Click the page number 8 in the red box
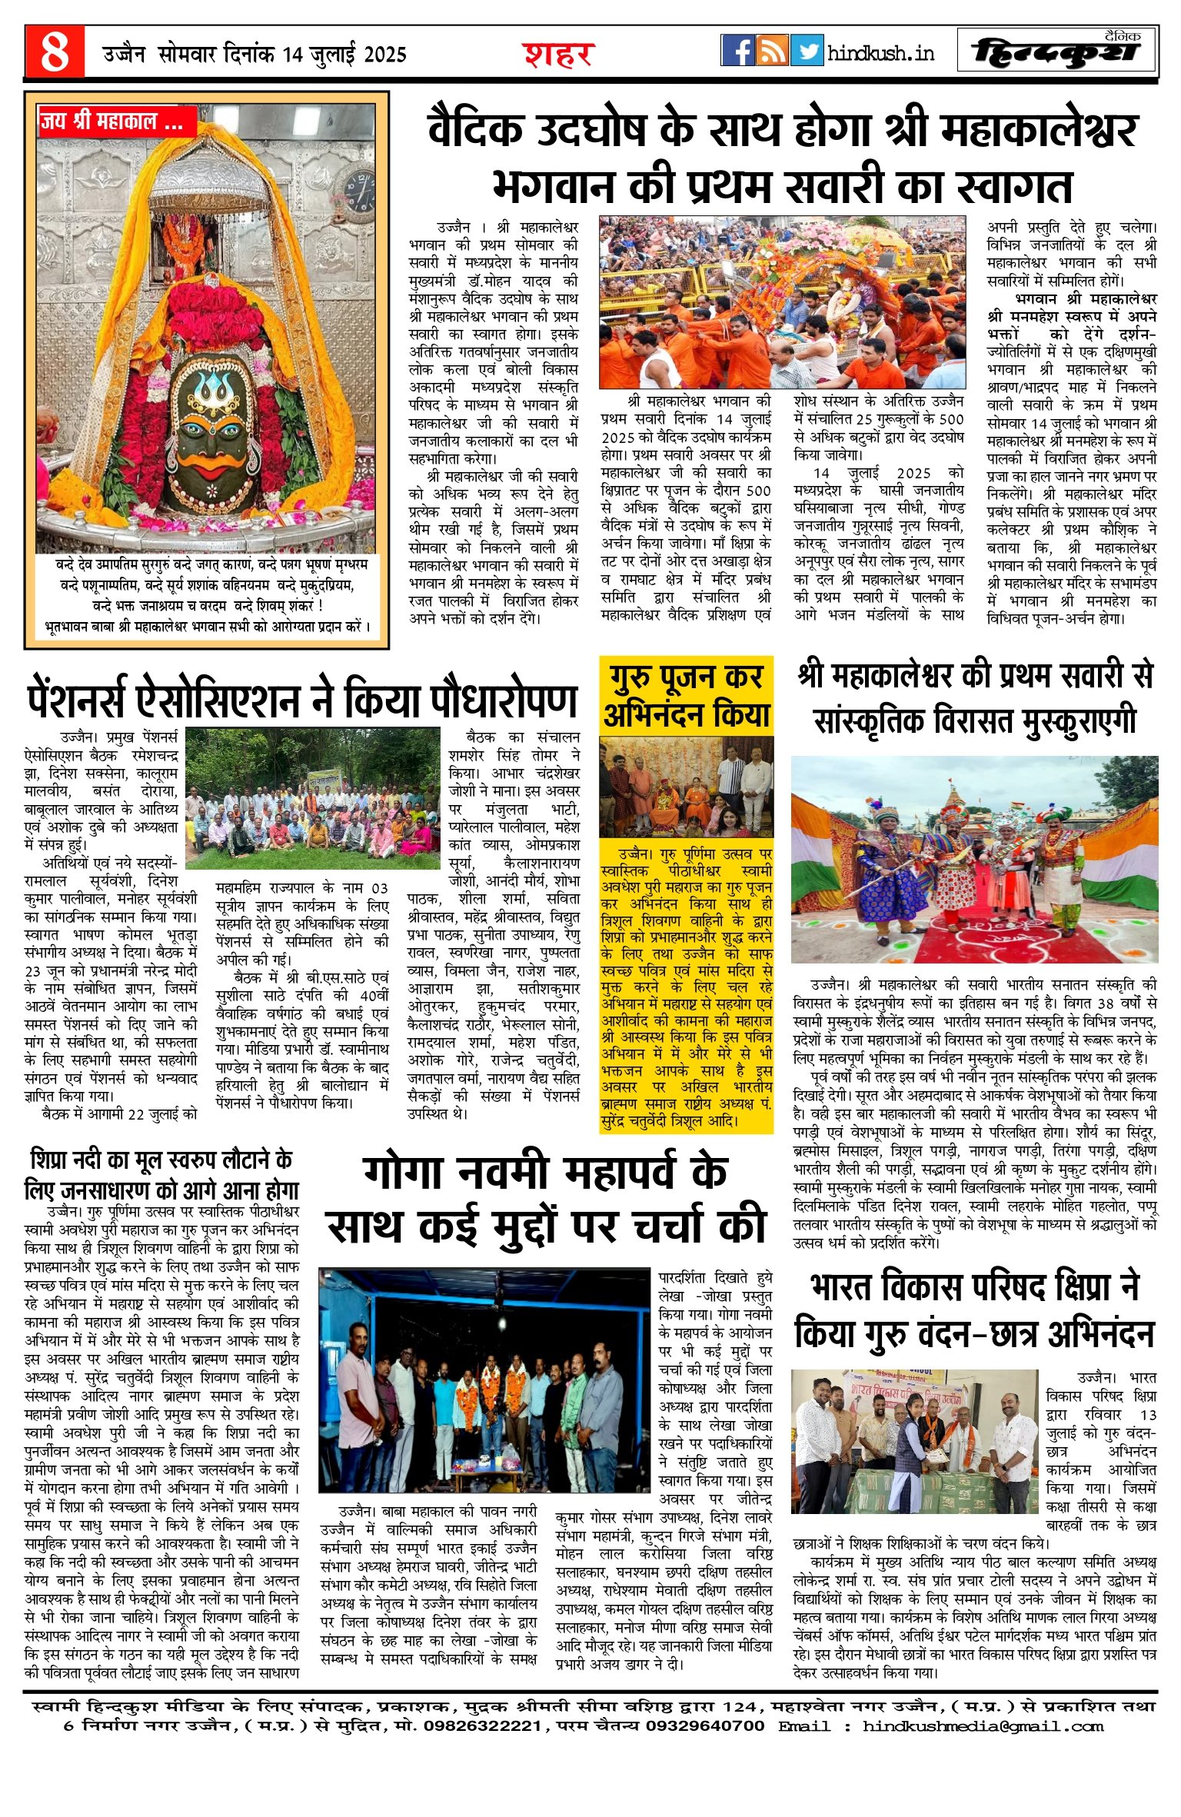(x=55, y=52)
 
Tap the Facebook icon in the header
(x=737, y=51)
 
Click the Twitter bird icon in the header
(x=807, y=51)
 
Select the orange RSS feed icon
(x=772, y=51)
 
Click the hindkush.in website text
(x=881, y=53)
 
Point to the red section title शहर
(x=559, y=55)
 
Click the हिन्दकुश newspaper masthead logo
(x=1056, y=52)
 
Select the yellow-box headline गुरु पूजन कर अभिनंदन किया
(x=686, y=696)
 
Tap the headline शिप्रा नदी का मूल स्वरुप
(x=161, y=1176)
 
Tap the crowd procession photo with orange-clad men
(x=782, y=302)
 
